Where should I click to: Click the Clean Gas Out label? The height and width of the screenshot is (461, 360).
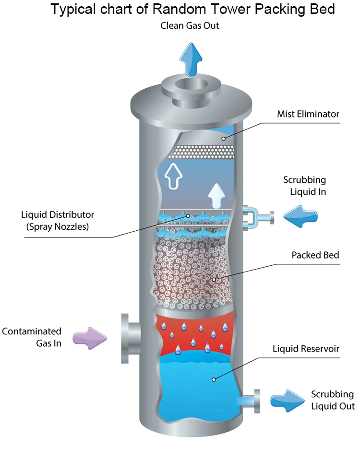coord(190,25)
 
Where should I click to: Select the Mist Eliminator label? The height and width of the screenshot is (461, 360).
coord(308,114)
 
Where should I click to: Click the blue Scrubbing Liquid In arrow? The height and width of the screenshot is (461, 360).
coord(300,217)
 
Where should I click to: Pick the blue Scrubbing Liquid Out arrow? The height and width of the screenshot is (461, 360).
coord(288,400)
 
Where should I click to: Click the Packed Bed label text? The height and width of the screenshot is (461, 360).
coord(315,255)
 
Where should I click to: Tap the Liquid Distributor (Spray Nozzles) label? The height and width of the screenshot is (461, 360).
coord(58,221)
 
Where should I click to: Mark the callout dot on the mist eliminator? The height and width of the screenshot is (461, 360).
coord(224,139)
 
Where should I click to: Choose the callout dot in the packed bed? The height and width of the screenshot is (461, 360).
coord(214,279)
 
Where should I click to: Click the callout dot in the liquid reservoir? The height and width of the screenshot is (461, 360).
coord(214,379)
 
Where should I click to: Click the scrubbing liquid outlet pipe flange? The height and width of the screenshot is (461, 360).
coord(256,400)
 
